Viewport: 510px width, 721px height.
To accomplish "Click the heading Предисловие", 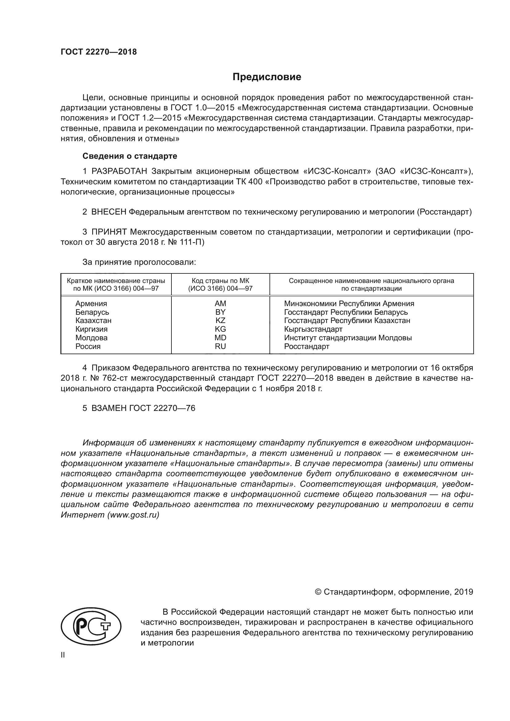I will click(267, 77).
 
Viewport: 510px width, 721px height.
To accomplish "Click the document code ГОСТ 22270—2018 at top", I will click(99, 52).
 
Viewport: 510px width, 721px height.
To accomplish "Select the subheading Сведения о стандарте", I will click(130, 156).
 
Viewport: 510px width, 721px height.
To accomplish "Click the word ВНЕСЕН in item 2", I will click(109, 212).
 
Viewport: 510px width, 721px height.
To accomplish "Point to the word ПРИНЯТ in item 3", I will click(109, 232).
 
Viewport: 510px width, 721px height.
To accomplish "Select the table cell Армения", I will click(91, 304).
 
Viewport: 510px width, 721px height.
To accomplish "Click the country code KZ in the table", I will click(220, 321).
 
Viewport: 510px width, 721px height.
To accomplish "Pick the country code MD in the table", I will click(220, 338).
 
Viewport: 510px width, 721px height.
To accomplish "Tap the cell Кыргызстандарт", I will click(313, 330).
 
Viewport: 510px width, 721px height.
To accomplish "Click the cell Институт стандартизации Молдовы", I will click(348, 338).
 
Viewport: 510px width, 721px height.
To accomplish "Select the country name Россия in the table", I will click(88, 346).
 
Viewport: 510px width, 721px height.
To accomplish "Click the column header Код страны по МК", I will click(220, 281).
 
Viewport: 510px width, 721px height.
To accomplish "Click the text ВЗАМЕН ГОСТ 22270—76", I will click(143, 408).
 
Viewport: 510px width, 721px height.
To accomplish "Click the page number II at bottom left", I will click(63, 655).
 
